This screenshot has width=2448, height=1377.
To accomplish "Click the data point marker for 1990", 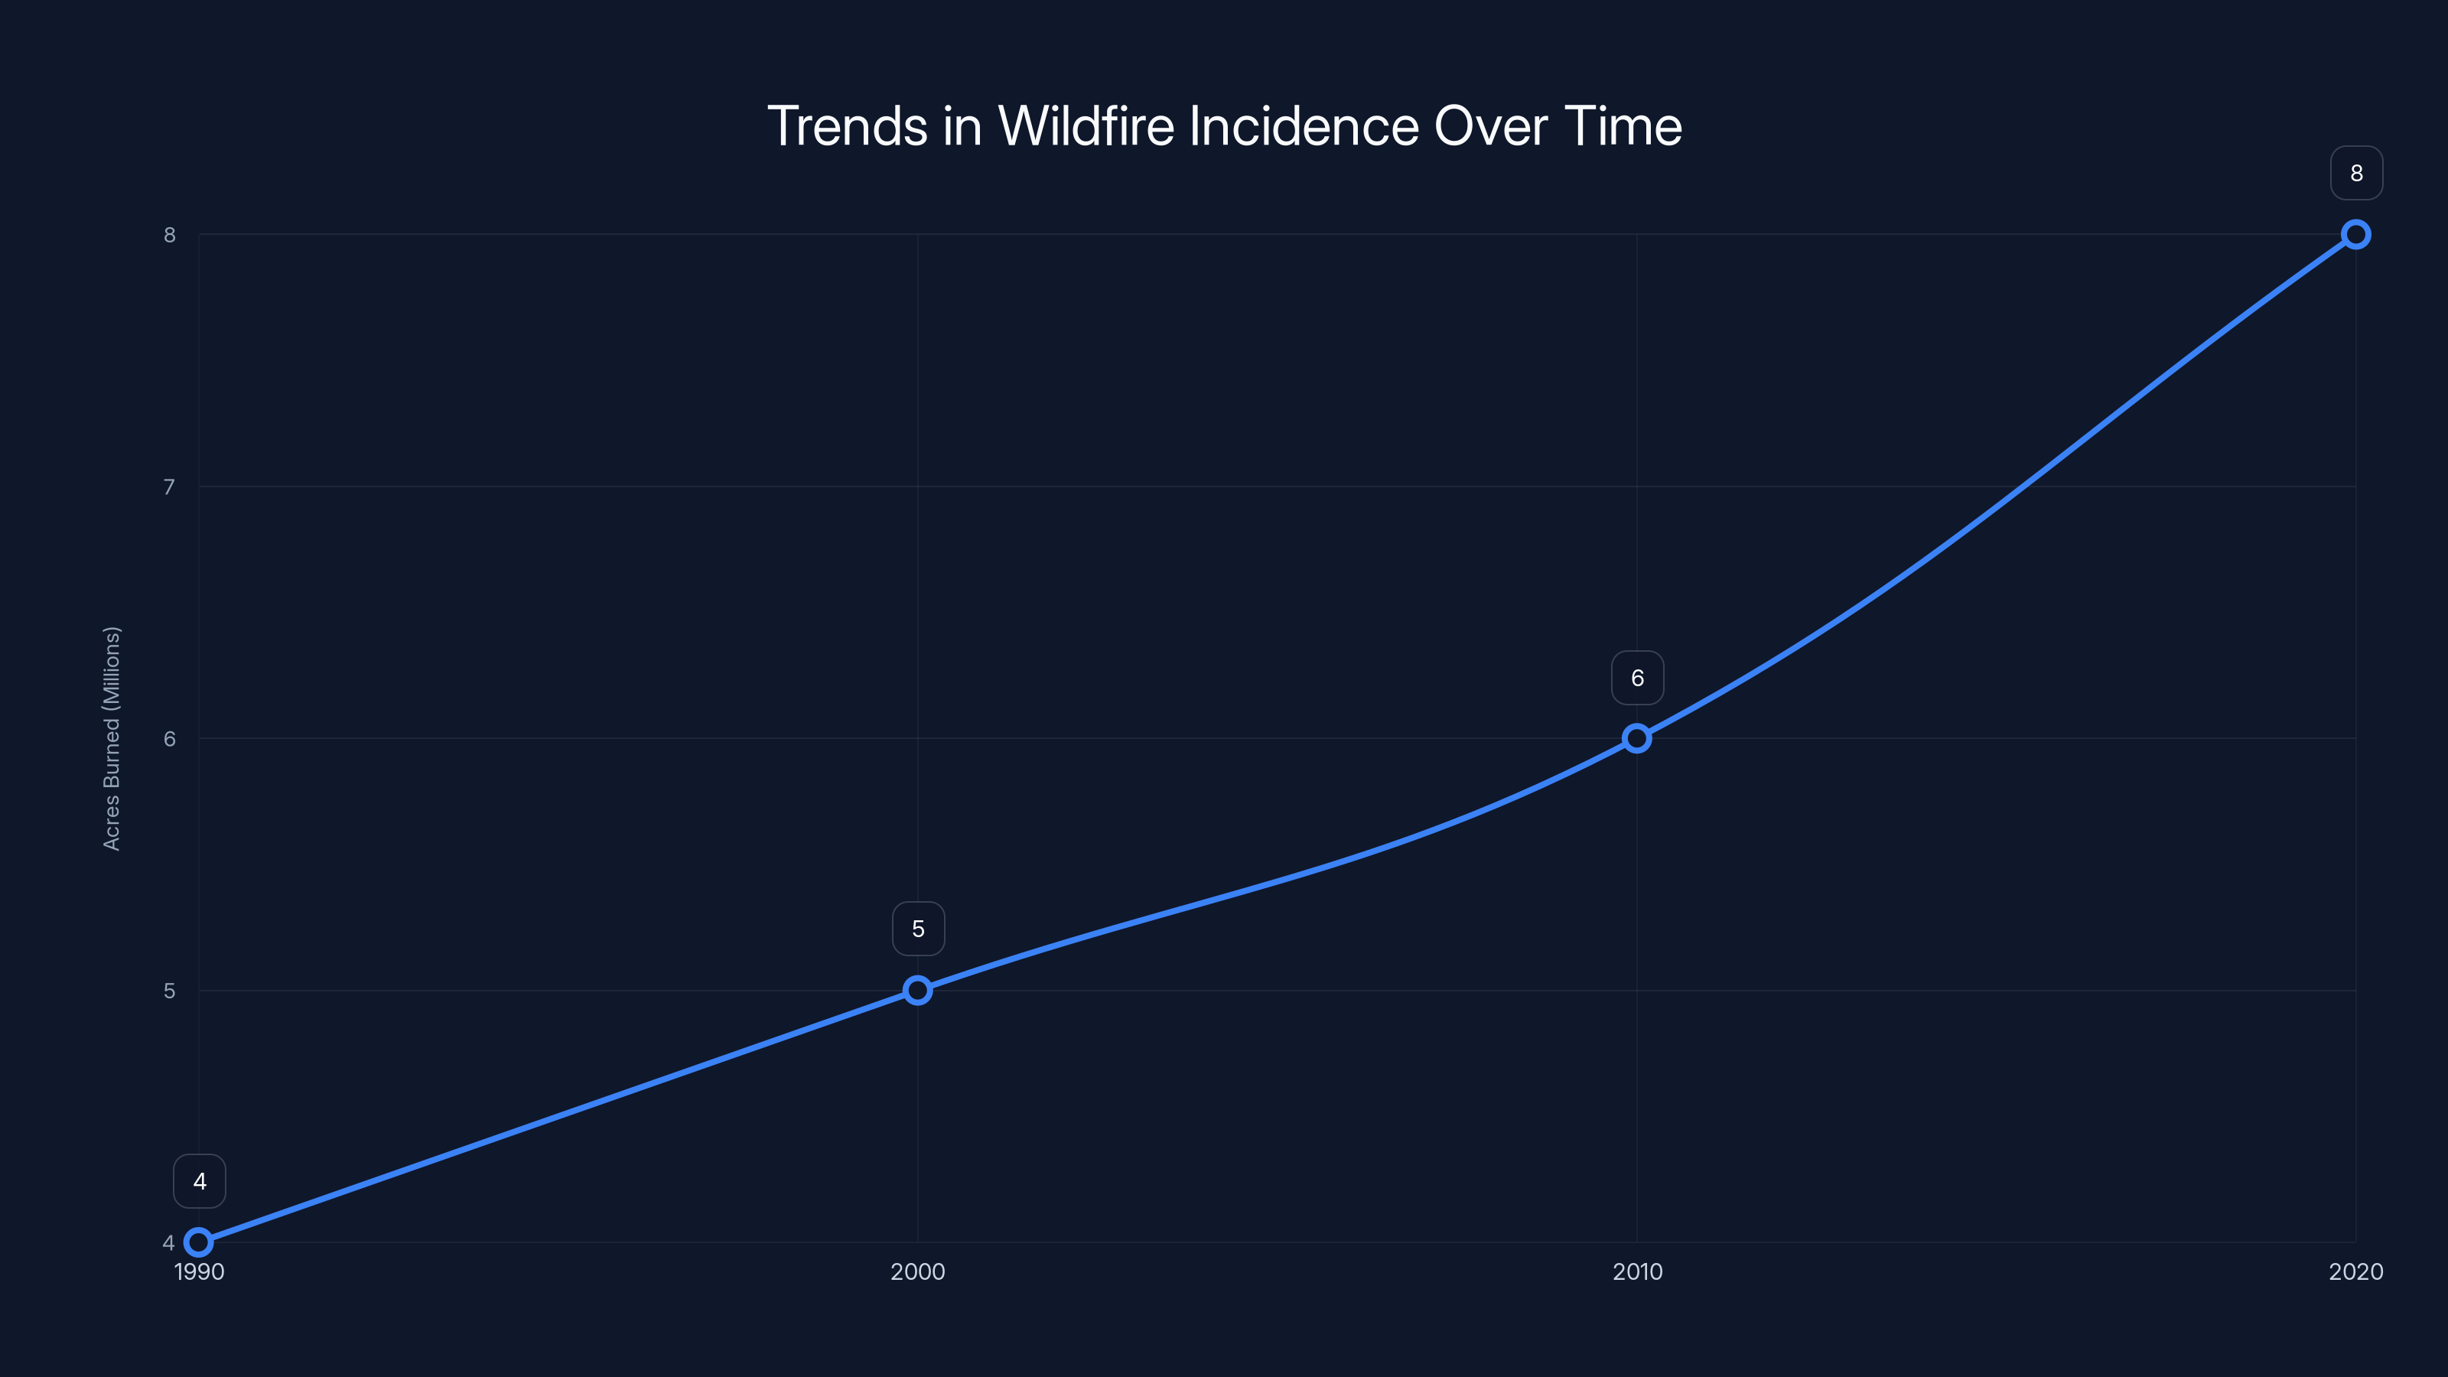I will (199, 1242).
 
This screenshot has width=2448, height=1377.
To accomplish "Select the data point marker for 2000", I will (917, 990).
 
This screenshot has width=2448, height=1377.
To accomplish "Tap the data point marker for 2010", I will (1636, 738).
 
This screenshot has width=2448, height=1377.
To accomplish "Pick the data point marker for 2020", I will (2356, 235).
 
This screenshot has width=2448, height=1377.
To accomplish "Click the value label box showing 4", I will (200, 1181).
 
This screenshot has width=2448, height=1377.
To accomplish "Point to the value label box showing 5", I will (918, 929).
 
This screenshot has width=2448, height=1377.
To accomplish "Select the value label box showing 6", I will (1637, 678).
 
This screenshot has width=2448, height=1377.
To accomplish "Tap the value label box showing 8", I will (2357, 173).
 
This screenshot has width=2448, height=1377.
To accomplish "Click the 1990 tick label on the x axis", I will (200, 1271).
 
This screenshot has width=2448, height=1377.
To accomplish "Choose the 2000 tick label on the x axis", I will (918, 1271).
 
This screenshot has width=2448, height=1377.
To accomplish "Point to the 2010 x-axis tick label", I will (1637, 1271).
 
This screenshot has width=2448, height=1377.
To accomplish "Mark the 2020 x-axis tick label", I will (2356, 1271).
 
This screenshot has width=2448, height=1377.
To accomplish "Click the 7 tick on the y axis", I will (169, 487).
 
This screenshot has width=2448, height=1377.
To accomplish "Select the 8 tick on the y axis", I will (169, 235).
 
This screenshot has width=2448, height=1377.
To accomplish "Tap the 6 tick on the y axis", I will (169, 738).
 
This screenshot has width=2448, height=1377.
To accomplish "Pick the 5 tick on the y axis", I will (169, 990).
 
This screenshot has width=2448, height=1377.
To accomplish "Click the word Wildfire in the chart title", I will (1086, 126).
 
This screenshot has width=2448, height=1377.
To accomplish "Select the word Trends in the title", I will (847, 126).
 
